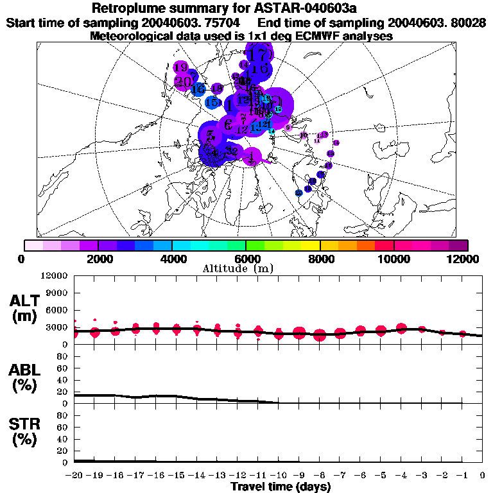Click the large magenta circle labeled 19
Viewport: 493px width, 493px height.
180,67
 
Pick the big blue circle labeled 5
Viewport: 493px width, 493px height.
210,135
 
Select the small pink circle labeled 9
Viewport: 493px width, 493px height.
289,127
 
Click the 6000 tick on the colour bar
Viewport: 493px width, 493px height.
246,245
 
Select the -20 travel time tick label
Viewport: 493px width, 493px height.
74,475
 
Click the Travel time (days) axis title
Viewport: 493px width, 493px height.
281,487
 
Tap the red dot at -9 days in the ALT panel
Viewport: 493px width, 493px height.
299,333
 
